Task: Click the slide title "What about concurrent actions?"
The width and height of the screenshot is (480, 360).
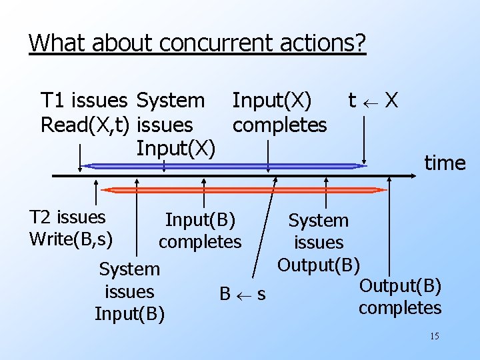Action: coord(197,43)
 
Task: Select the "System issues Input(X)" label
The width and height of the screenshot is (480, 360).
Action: coord(175,124)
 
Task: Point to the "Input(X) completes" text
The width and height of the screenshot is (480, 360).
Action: coord(279,113)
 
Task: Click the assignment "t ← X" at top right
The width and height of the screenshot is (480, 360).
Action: coord(373,101)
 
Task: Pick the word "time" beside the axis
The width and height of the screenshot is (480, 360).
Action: coord(445,163)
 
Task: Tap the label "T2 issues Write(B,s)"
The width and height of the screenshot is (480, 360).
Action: coord(71,227)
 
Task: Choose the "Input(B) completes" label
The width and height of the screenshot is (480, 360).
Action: coord(200,230)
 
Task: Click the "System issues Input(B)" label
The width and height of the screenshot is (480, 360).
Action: coord(129,291)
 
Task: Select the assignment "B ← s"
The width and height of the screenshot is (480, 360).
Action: coord(243,293)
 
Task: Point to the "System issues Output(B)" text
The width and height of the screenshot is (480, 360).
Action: coord(318,243)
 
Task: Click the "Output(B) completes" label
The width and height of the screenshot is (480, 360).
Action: coord(400,297)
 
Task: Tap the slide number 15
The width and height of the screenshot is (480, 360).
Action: coord(434,336)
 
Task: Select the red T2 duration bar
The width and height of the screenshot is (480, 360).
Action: coord(240,190)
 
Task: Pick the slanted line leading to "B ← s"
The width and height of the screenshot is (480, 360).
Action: coord(263,227)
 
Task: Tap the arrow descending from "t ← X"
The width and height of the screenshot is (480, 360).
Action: coord(363,140)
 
